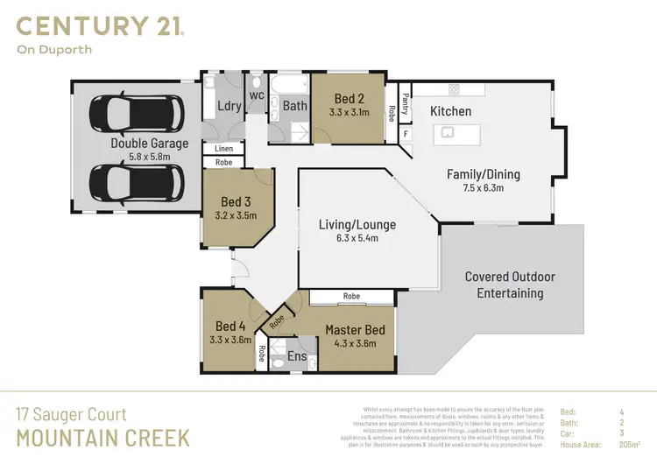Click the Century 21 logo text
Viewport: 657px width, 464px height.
[100, 25]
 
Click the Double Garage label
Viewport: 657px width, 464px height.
[149, 144]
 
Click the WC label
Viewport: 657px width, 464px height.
[257, 95]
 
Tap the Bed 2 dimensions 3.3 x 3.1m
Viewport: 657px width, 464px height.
[349, 112]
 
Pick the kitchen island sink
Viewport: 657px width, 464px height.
[447, 132]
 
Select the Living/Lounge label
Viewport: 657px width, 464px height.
[357, 225]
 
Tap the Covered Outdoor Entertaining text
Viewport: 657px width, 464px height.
[510, 285]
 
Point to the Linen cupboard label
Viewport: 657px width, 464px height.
[223, 150]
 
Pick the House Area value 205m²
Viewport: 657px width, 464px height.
[628, 445]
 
